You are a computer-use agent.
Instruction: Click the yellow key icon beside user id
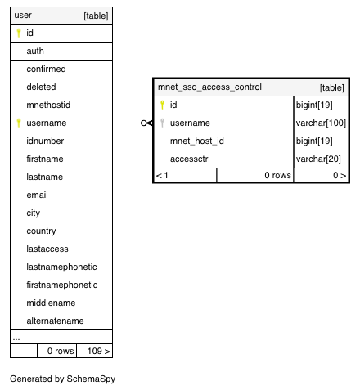(x=19, y=33)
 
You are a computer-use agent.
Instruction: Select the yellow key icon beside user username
(x=19, y=123)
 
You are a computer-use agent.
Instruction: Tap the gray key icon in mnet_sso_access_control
(x=162, y=123)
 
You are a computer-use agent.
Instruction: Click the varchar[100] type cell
(x=321, y=123)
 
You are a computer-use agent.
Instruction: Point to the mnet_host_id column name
(x=197, y=141)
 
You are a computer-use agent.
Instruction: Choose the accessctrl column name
(x=190, y=159)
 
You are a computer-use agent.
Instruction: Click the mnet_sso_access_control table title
(x=209, y=87)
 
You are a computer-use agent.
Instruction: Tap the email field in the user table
(x=37, y=195)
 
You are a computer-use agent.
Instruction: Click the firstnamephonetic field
(x=62, y=285)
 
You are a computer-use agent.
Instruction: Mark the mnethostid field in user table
(x=48, y=105)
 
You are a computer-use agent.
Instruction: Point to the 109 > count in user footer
(x=99, y=351)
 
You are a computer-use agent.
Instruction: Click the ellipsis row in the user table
(x=16, y=338)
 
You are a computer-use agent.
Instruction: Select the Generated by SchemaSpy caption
(x=62, y=379)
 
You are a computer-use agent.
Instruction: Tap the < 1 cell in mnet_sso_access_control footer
(x=162, y=175)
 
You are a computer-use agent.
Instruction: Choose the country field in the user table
(x=41, y=231)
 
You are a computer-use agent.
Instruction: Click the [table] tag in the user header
(x=96, y=16)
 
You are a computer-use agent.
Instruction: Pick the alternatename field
(x=55, y=321)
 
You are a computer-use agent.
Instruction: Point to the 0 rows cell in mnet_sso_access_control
(x=277, y=175)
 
